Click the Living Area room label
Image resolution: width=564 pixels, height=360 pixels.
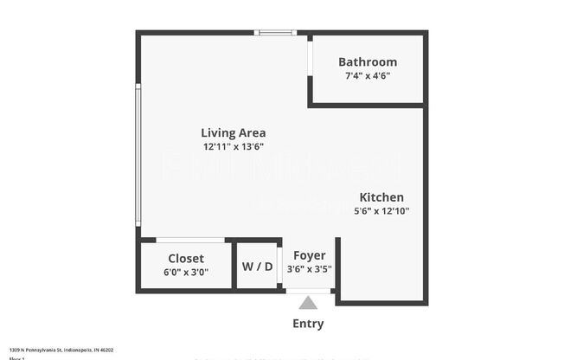233,133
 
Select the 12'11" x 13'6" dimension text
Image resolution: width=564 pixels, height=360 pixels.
233,147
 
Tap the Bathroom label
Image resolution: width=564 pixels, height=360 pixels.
368,62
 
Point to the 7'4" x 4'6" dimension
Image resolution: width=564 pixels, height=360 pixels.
368,76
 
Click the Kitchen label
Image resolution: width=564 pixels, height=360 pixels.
381,197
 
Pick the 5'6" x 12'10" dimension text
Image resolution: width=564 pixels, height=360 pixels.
381,211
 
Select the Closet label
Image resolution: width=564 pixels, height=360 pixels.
186,259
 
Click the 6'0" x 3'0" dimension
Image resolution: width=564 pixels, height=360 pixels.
186,272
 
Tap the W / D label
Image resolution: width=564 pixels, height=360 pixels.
257,267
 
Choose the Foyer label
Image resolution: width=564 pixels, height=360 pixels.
309,255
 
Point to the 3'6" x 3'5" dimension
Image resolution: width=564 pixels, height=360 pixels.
309,269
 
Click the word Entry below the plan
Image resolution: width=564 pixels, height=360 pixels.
308,324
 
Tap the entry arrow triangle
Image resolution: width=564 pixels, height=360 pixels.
308,302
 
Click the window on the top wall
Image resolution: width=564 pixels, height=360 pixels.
276,33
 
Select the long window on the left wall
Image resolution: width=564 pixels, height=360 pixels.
138,154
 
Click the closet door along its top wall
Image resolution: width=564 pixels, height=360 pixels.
190,240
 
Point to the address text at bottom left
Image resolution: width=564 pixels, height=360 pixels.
61,350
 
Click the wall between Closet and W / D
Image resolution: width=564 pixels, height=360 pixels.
236,265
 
